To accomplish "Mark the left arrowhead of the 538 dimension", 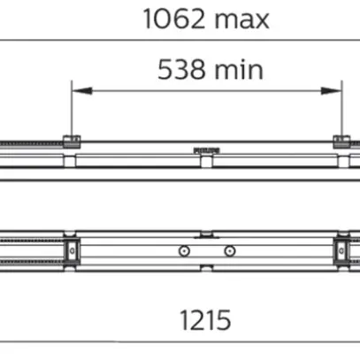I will pyautogui.click(x=77, y=89).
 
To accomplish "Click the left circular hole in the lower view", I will pyautogui.click(x=182, y=251).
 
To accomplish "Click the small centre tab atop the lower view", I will pyautogui.click(x=205, y=234).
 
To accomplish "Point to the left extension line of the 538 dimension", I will pyautogui.click(x=71, y=111).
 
